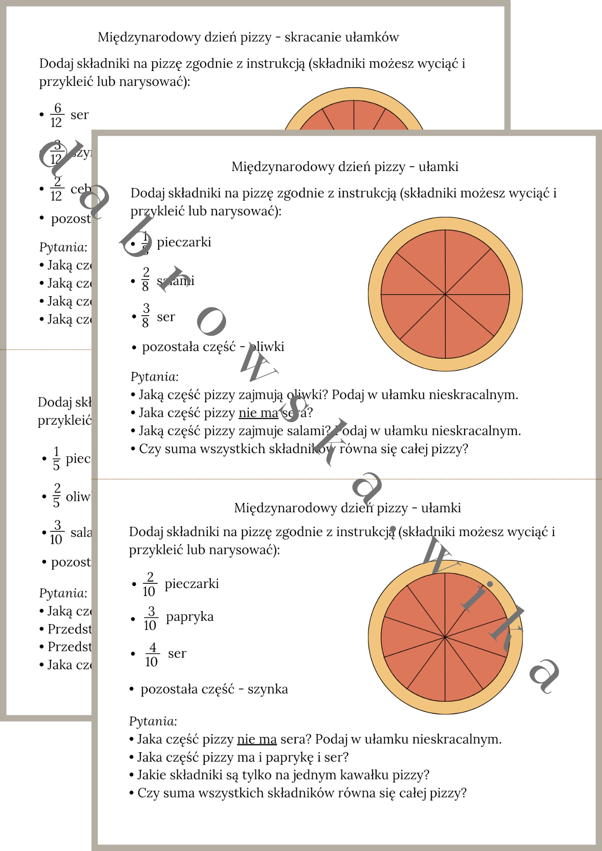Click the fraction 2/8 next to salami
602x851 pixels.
[x=146, y=279]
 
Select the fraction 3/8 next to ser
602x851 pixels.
[x=146, y=315]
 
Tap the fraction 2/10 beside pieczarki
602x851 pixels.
[x=149, y=584]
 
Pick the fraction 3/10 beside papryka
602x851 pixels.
[x=150, y=618]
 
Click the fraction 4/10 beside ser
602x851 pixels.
[x=152, y=654]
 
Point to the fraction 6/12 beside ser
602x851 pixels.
[x=57, y=115]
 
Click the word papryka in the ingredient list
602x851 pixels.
[x=190, y=617]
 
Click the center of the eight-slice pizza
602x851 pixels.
[x=445, y=294]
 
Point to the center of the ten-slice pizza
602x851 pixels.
[x=445, y=637]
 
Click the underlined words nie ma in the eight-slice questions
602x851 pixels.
[x=258, y=413]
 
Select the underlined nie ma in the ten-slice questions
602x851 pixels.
[x=257, y=740]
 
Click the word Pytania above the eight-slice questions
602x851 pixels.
[x=155, y=377]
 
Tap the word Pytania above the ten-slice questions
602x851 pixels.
[x=153, y=721]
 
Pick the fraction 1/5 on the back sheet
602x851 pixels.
[x=56, y=458]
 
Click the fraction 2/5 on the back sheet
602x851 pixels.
[x=57, y=495]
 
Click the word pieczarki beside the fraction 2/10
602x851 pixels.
[x=192, y=583]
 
